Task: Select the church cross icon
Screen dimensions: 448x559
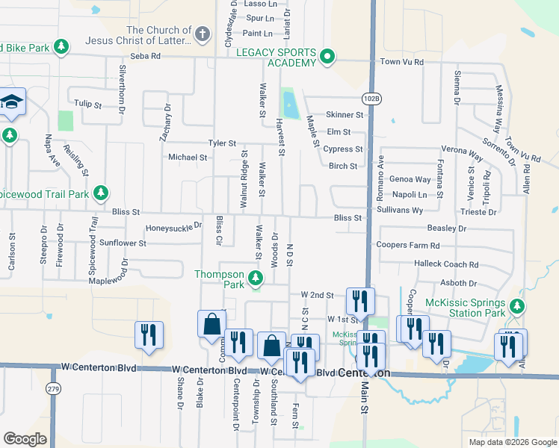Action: point(202,34)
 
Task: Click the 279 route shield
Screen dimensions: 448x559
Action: point(52,388)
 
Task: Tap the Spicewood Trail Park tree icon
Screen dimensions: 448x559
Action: point(99,193)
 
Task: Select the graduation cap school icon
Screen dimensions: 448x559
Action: point(11,102)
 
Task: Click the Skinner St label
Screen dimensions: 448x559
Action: point(344,115)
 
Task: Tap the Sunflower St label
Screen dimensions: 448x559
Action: point(123,243)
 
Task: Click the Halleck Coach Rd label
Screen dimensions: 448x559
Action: point(445,264)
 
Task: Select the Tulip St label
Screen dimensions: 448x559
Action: point(87,104)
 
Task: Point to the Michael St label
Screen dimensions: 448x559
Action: point(188,158)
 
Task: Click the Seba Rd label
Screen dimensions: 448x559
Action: point(145,56)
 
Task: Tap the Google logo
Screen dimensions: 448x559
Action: point(25,439)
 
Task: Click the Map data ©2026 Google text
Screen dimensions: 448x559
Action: point(511,442)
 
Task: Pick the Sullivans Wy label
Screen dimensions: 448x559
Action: point(400,211)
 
